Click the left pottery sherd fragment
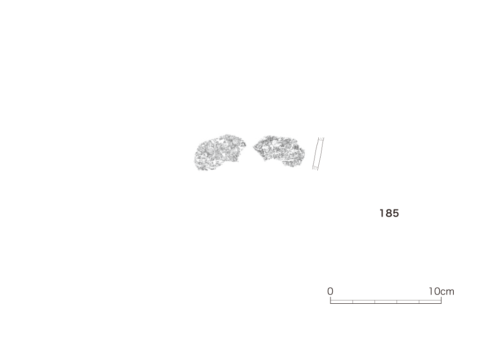[x=219, y=152]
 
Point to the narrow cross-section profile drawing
[x=318, y=154]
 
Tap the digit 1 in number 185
[x=382, y=213]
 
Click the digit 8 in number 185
[x=388, y=213]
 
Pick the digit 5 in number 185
[x=396, y=213]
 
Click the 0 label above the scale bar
[x=330, y=292]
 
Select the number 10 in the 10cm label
[x=435, y=292]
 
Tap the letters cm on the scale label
[x=447, y=292]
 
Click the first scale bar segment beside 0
[x=341, y=302]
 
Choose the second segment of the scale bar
[x=364, y=302]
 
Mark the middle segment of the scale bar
[x=386, y=302]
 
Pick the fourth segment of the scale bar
[x=408, y=302]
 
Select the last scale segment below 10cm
[x=430, y=302]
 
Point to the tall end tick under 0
[x=330, y=300]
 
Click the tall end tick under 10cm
[x=441, y=300]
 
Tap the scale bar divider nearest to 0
[x=352, y=302]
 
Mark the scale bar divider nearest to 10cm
[x=419, y=302]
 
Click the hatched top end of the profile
[x=322, y=139]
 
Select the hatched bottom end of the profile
[x=315, y=168]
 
